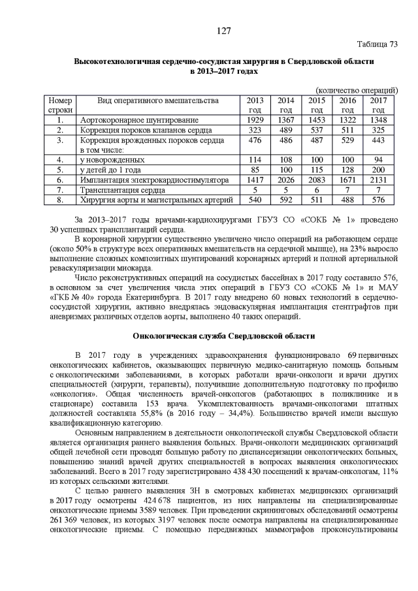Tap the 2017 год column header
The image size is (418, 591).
379,105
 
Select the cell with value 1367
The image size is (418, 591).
286,120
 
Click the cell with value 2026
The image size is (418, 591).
286,179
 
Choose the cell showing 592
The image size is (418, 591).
286,199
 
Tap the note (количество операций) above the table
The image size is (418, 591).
357,89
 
